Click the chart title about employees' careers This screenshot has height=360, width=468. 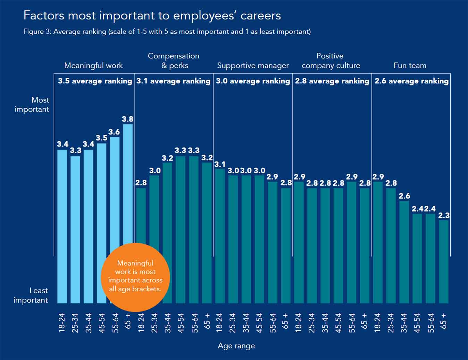[x=152, y=16]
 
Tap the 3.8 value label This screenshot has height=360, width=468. [x=127, y=119]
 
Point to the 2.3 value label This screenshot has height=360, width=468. [x=444, y=215]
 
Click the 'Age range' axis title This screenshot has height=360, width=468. [x=236, y=346]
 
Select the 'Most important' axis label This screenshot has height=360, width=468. [x=32, y=104]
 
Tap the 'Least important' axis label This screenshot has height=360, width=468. [x=31, y=295]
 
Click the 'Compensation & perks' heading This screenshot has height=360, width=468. [x=174, y=60]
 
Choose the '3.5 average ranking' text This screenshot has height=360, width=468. [x=95, y=81]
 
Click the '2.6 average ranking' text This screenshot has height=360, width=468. [x=411, y=81]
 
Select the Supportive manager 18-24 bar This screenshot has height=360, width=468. [x=220, y=236]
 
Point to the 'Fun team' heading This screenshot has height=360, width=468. [x=410, y=65]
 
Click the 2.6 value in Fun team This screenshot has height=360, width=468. [x=404, y=196]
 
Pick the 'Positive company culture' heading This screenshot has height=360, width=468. [x=331, y=60]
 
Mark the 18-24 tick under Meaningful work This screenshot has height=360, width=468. [x=62, y=323]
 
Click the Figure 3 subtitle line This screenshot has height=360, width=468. [x=167, y=32]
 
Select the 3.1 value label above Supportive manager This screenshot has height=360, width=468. [x=219, y=164]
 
